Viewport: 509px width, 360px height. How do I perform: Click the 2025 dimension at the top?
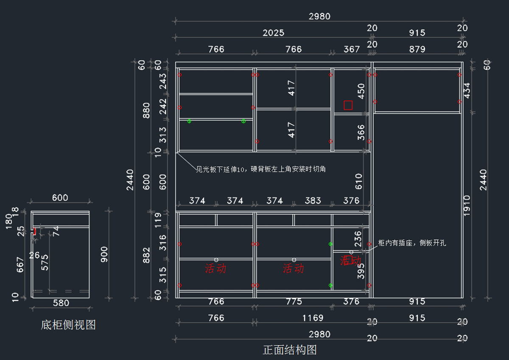(273, 33)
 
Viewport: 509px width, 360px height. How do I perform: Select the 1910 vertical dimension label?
(467, 205)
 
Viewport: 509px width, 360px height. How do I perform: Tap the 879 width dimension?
(417, 49)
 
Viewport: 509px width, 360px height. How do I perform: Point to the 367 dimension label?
(351, 49)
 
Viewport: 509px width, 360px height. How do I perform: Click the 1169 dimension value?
(313, 318)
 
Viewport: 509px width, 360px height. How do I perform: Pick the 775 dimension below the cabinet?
(294, 301)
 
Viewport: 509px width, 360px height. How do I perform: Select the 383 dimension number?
(313, 200)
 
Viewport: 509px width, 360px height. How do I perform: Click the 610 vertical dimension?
(359, 182)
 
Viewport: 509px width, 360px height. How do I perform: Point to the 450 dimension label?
(361, 91)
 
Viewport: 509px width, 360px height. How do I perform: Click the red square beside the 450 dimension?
(348, 105)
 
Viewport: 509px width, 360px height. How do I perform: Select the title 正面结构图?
(290, 350)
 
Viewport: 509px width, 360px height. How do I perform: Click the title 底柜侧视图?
(68, 325)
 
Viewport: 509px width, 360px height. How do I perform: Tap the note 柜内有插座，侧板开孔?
(412, 243)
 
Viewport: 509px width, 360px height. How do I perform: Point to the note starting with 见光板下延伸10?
(260, 169)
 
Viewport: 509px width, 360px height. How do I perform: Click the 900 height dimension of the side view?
(104, 254)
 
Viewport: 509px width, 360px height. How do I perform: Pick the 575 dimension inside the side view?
(45, 262)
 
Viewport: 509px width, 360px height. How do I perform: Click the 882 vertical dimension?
(146, 255)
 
